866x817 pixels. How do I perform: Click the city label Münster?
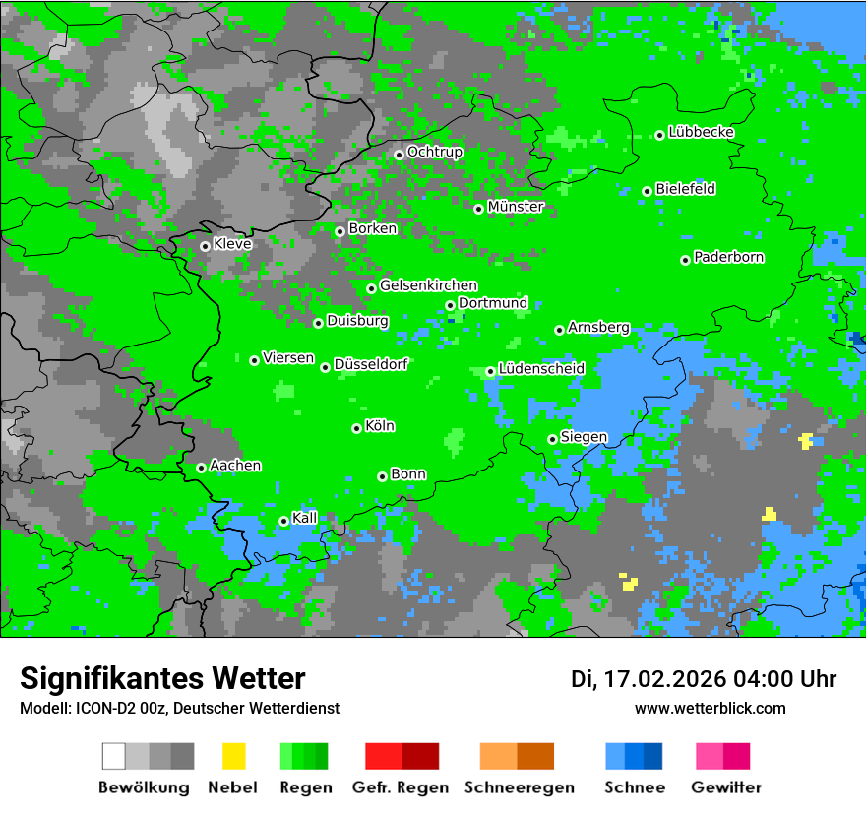[516, 207]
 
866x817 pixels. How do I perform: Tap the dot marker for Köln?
[356, 428]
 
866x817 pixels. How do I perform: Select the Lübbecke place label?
[702, 132]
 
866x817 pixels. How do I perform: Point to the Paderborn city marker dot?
[685, 260]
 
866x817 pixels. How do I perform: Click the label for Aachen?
[235, 466]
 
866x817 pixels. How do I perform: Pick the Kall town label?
[305, 518]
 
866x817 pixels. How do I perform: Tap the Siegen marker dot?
[552, 439]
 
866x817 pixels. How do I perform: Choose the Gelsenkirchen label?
[428, 285]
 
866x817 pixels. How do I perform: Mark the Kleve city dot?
[205, 246]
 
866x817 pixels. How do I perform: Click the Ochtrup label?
[435, 152]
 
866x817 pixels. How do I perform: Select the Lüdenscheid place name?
[541, 368]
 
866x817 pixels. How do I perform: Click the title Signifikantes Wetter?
[162, 678]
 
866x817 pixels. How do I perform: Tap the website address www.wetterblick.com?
[711, 708]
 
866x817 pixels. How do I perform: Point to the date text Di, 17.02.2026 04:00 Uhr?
[704, 679]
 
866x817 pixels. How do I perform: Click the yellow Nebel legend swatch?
[233, 756]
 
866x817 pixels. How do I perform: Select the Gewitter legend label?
[726, 787]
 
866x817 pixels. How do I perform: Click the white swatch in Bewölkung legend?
[114, 756]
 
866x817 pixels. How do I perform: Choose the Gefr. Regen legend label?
[401, 787]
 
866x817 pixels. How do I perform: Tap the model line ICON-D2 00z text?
[179, 708]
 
